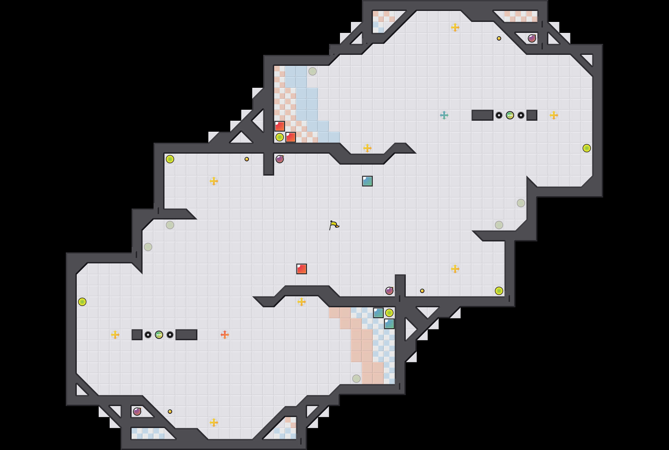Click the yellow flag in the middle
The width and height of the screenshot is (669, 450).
tap(334, 225)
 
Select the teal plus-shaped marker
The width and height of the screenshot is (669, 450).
tap(444, 115)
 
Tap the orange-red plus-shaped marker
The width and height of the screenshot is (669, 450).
tap(225, 335)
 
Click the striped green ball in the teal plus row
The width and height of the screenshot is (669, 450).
tap(510, 115)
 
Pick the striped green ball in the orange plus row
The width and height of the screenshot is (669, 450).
tap(159, 335)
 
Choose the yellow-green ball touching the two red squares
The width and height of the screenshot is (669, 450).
tap(280, 137)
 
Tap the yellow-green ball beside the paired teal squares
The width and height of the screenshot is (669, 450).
tap(389, 313)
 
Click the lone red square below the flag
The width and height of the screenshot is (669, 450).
tap(301, 269)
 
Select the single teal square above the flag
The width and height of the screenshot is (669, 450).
tap(367, 181)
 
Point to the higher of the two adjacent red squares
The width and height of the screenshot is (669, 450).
tap(280, 126)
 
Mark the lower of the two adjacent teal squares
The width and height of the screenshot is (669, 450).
tap(389, 324)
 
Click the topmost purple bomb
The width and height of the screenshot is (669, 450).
tap(532, 38)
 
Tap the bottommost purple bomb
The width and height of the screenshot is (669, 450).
tap(137, 412)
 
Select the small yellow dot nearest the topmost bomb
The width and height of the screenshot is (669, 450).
tap(499, 38)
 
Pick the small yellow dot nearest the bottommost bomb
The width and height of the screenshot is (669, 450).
tap(170, 412)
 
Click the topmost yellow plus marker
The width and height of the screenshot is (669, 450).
tap(455, 27)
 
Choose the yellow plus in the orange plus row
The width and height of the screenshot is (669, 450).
tap(115, 335)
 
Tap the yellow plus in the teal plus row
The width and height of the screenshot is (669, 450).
tap(554, 115)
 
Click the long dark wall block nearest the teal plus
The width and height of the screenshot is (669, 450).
tap(482, 115)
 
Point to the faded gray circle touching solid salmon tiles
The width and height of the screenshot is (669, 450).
tap(356, 379)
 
